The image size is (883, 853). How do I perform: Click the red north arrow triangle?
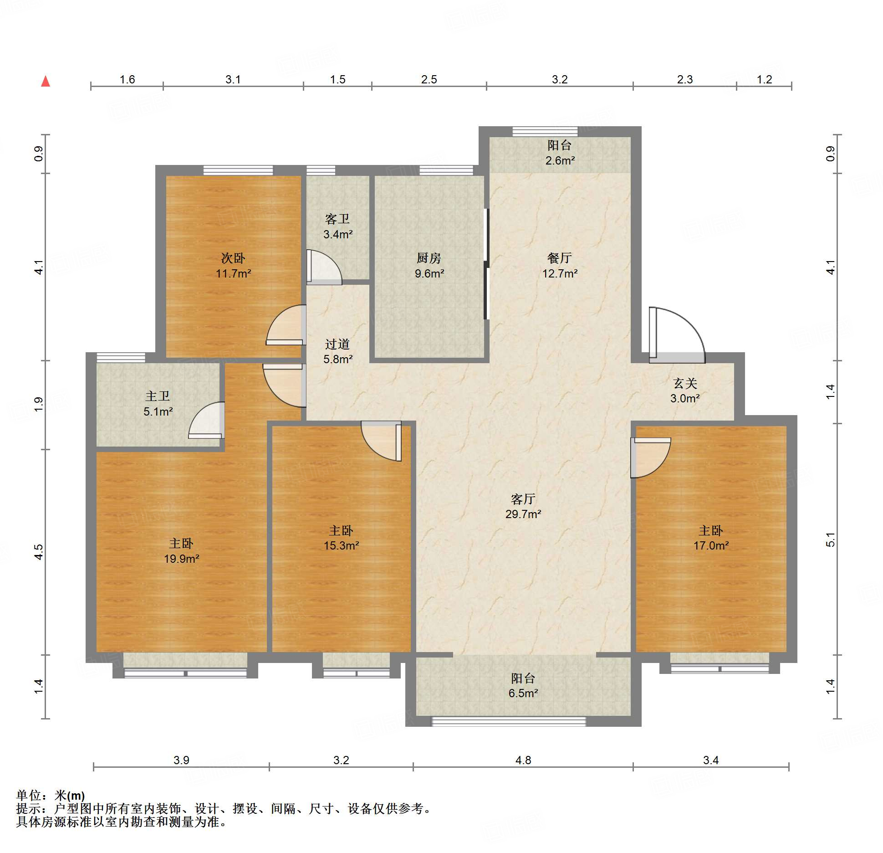point(46,82)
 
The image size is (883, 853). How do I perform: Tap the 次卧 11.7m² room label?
point(233,266)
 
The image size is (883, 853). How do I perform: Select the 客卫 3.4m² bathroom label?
point(337,226)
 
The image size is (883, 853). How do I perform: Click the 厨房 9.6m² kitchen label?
point(429,266)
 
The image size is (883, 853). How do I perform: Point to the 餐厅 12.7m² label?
point(560,266)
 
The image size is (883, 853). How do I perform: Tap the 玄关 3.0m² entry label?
point(685,391)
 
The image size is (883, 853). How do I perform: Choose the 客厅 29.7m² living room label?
point(523,506)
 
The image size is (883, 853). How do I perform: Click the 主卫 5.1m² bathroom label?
point(158,404)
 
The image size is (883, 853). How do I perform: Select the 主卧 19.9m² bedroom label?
point(181,551)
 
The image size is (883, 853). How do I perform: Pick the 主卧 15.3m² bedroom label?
point(341,538)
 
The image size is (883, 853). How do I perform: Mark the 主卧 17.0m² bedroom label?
point(711,538)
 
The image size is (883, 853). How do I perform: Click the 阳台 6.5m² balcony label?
point(523,685)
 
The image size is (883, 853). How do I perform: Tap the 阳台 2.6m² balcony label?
point(560,153)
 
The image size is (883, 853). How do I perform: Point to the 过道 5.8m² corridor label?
point(337,351)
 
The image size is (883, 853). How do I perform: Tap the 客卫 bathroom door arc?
point(324,268)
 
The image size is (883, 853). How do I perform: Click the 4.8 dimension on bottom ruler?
point(523,760)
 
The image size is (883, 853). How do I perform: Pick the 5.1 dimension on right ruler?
point(831,540)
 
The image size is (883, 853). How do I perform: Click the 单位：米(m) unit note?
point(50,796)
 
